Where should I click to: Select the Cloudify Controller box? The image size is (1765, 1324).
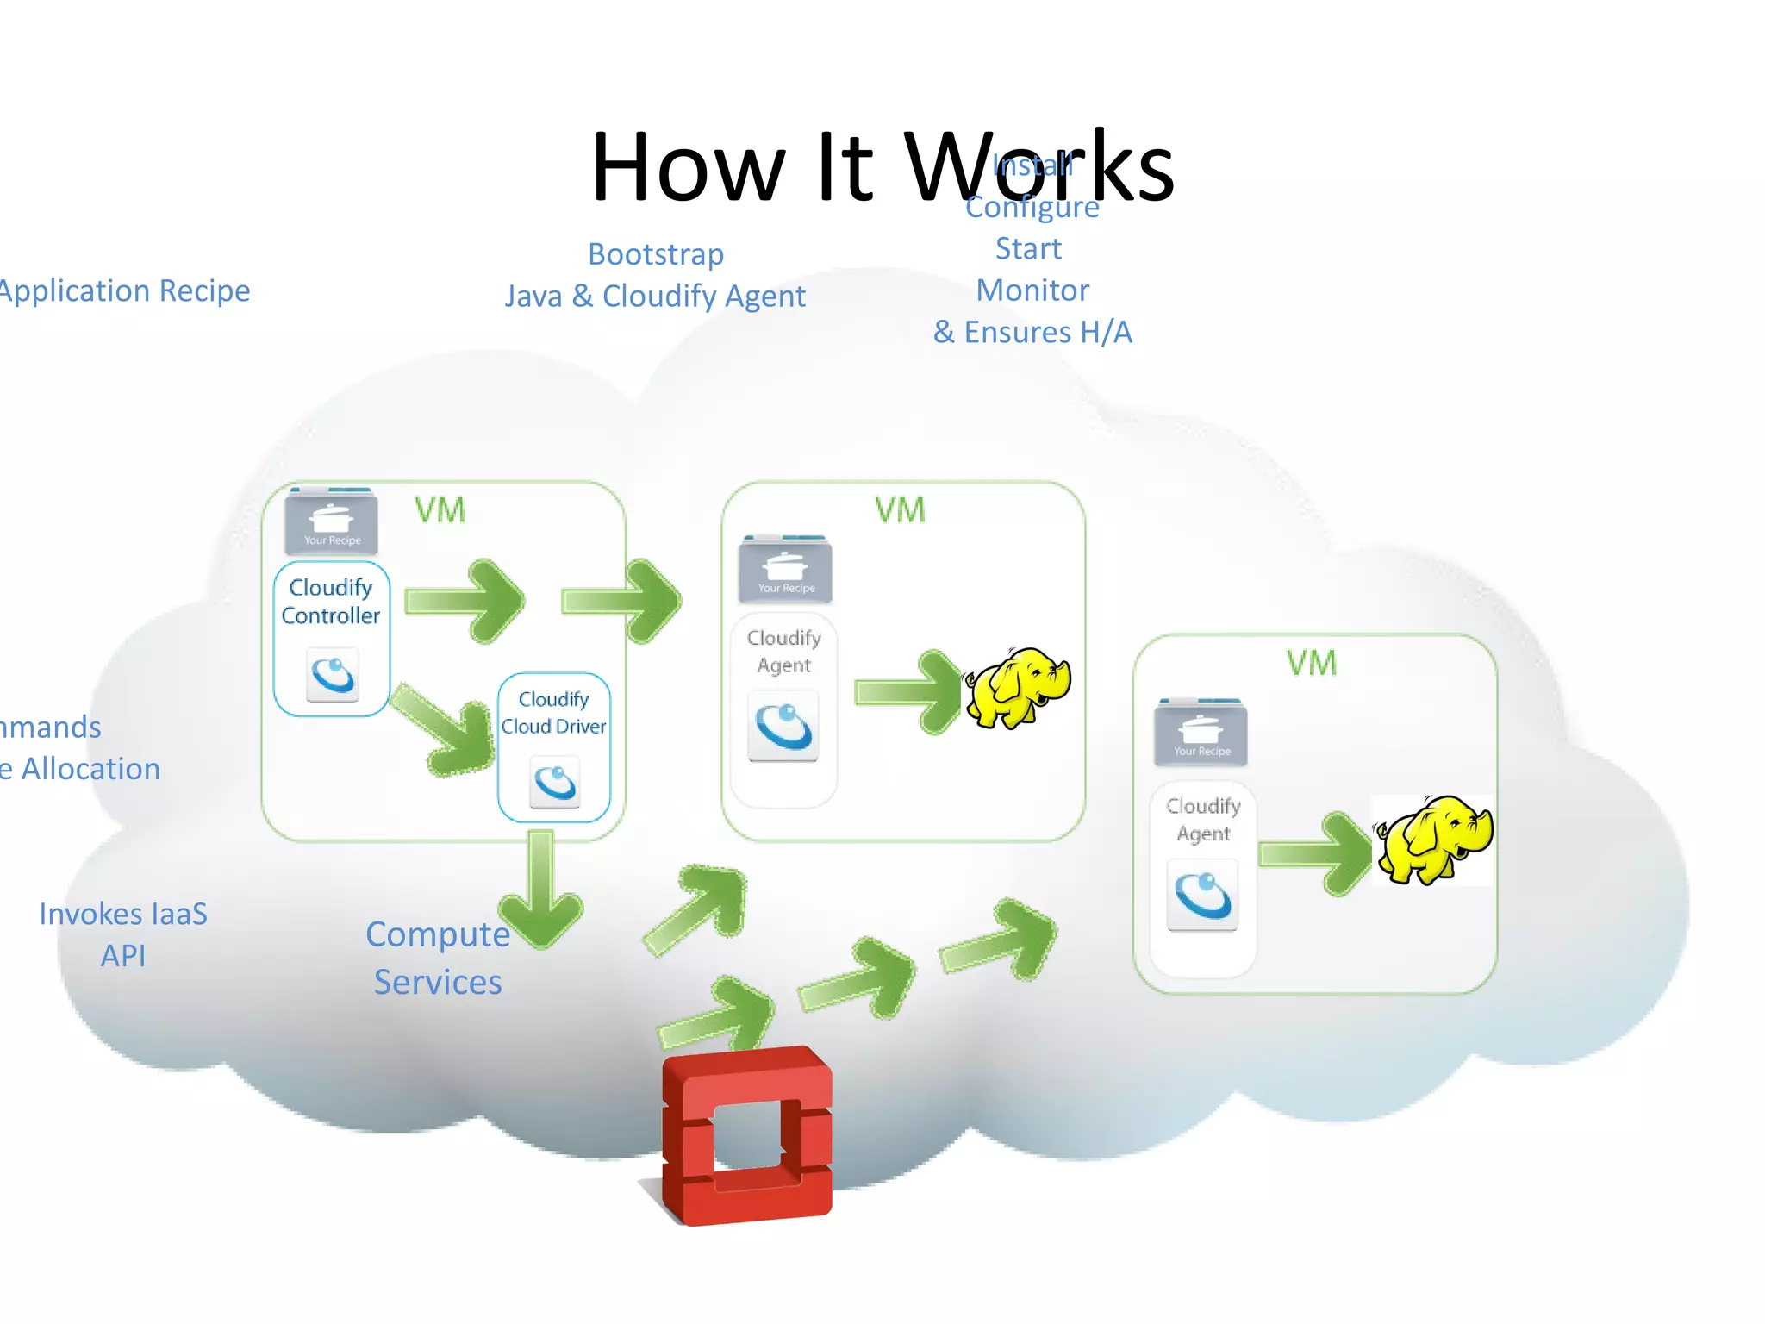coord(332,638)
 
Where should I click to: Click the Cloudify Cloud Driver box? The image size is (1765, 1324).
coord(554,746)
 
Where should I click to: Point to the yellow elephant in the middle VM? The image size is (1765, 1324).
coord(1017,687)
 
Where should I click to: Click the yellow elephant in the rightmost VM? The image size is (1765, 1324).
coord(1433,839)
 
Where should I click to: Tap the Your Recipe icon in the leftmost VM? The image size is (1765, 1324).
coord(332,522)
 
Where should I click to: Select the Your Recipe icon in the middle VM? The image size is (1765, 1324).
coord(785,570)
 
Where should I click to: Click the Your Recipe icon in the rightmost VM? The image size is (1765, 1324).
coord(1201,733)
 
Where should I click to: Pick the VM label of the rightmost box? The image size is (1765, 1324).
coord(1312,663)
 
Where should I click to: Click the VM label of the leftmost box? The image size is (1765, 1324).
coord(440,510)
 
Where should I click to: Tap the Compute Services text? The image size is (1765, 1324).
coord(438,958)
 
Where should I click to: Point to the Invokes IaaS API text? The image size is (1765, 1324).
coord(123,934)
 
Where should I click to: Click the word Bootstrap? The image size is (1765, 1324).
coord(656,254)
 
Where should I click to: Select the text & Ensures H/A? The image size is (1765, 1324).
coord(1032,332)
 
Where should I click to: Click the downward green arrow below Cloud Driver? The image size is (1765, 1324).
coord(541,892)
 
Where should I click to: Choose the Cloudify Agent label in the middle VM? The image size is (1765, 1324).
coord(783,651)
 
